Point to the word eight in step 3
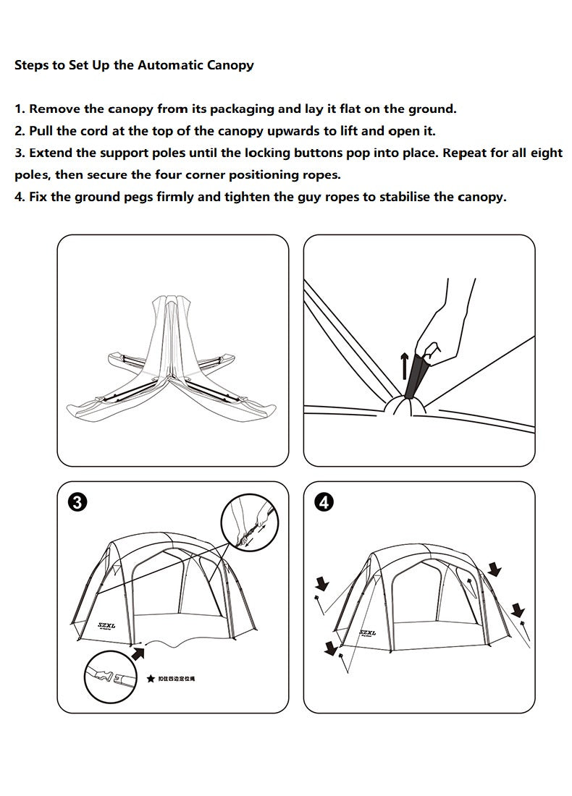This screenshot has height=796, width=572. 544,153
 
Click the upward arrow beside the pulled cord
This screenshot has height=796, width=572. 405,365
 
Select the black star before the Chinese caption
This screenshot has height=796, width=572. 151,679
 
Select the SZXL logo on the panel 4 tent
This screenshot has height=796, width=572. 367,632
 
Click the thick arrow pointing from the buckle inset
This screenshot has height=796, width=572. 138,653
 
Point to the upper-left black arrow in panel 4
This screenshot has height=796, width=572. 321,583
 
